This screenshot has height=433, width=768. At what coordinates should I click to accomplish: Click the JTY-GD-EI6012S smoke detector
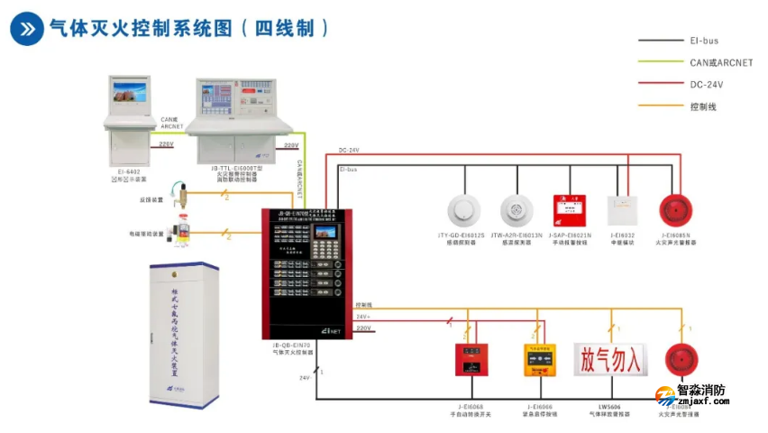(x=466, y=210)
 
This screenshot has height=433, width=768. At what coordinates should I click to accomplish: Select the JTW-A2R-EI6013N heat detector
(x=518, y=210)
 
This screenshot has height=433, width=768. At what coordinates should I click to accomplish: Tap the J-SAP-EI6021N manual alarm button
(x=570, y=209)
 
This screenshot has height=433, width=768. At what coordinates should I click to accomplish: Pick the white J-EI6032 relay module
(x=622, y=210)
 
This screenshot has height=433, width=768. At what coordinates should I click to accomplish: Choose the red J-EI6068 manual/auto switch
(x=471, y=359)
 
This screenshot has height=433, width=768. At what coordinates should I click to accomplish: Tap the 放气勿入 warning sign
(x=610, y=358)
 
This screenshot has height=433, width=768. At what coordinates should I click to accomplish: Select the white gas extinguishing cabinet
(x=183, y=332)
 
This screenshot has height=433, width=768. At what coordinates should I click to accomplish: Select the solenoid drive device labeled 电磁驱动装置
(x=183, y=231)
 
